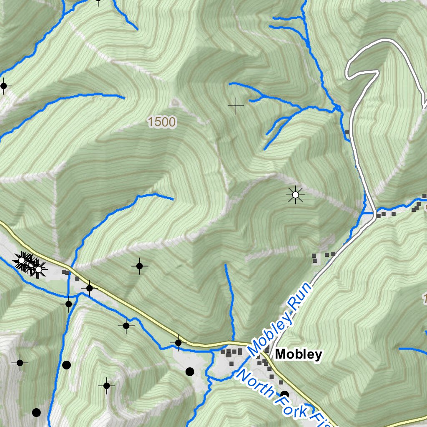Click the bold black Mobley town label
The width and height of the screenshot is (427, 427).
tap(299, 354)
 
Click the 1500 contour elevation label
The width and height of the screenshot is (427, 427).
tap(161, 122)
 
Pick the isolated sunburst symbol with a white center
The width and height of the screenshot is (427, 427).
tap(296, 195)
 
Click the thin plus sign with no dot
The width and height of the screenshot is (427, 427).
tap(236, 106)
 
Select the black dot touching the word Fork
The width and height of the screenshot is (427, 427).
tap(285, 394)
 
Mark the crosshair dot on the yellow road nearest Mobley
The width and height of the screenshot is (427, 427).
tap(178, 343)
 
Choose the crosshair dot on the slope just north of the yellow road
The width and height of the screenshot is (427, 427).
tap(140, 266)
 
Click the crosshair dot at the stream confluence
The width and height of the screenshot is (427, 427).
tap(69, 304)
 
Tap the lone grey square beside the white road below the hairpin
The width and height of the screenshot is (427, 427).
tap(347, 132)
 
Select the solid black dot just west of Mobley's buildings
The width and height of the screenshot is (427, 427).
tap(190, 372)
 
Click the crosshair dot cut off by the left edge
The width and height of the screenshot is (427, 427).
tap(4, 86)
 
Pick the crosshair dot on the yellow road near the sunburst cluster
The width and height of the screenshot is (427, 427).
tap(89, 288)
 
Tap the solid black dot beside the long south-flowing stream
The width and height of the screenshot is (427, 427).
tap(66, 365)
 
